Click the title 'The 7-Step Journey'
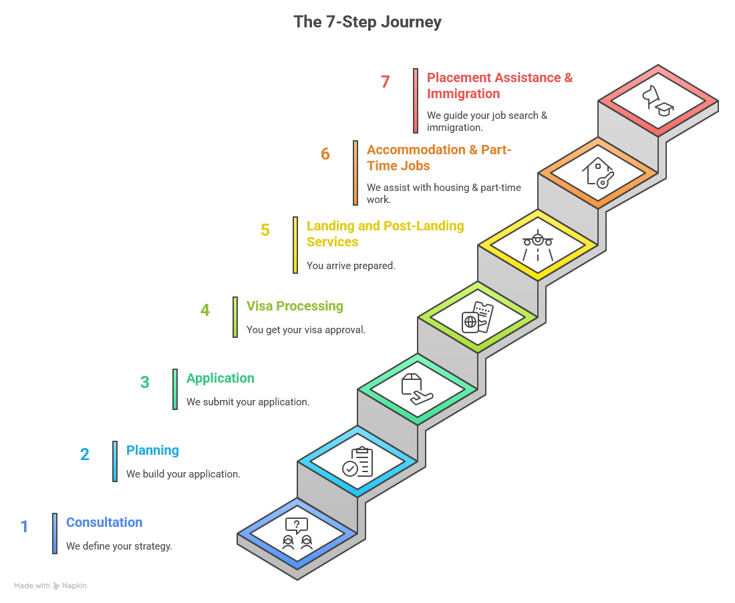point(367,21)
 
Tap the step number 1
point(25,527)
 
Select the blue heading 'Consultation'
point(104,522)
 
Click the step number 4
point(205,311)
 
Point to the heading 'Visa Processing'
point(295,306)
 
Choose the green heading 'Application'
point(220,378)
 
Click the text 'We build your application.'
point(183,474)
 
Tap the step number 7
point(385,82)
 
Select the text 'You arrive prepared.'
point(351,266)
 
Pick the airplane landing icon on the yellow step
point(538,246)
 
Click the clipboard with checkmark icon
point(358,461)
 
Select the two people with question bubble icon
point(297,534)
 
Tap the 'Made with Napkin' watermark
point(51,586)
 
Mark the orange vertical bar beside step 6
point(355,172)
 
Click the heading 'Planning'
point(152,450)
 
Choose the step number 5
point(265,230)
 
